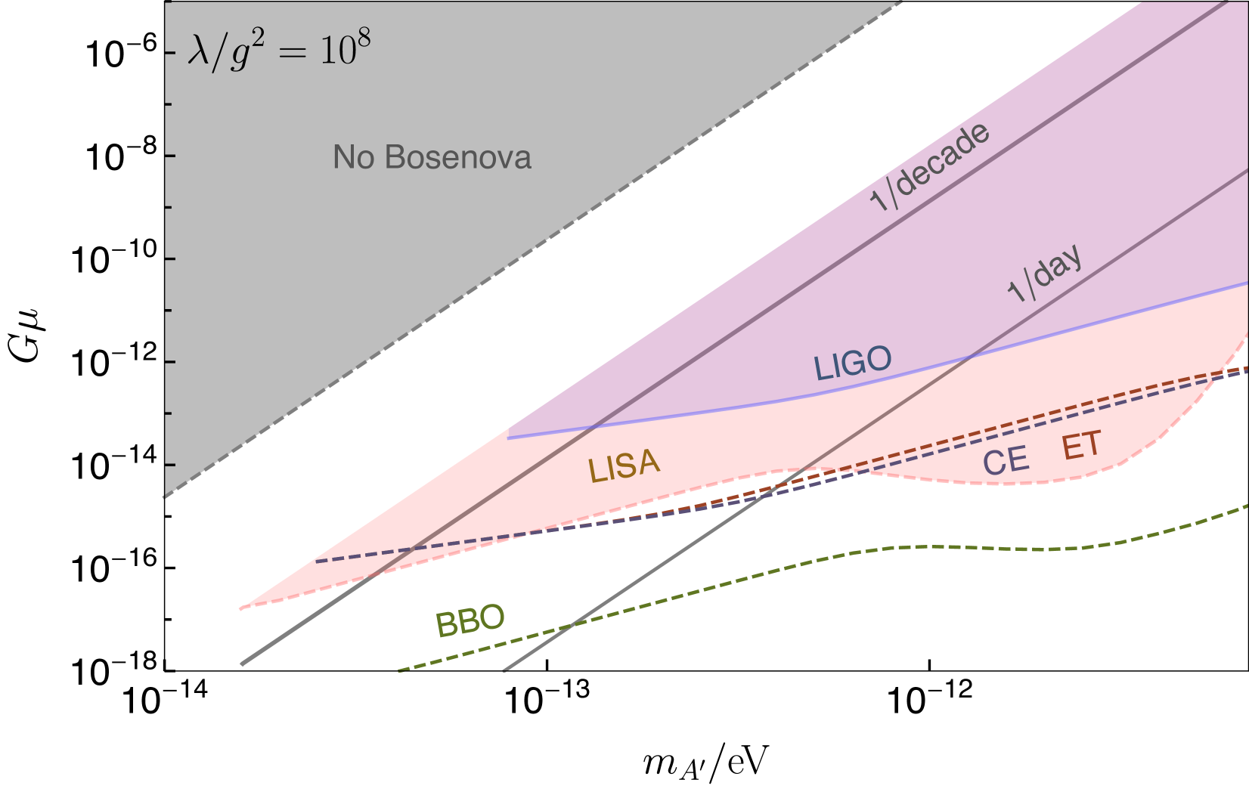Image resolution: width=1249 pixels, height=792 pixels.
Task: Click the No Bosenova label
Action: (x=432, y=158)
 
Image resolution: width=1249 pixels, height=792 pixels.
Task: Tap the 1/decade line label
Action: (x=929, y=167)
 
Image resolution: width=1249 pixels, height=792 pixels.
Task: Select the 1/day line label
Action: (x=1045, y=274)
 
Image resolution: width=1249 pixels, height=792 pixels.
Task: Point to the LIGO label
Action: (x=852, y=364)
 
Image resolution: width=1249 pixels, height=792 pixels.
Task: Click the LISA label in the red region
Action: (x=624, y=466)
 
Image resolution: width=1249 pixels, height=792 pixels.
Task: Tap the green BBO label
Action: (x=470, y=621)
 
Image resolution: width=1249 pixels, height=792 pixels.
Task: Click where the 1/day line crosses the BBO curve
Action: (x=572, y=625)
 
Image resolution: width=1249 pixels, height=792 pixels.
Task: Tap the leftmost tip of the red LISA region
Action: (x=240, y=608)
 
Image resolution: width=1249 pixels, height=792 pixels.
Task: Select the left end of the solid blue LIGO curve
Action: (x=508, y=438)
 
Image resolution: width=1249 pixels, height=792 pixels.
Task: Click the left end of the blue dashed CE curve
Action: (x=316, y=561)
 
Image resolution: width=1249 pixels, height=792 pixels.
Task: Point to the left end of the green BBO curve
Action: (x=398, y=670)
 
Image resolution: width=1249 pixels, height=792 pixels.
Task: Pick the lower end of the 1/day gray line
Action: (x=504, y=670)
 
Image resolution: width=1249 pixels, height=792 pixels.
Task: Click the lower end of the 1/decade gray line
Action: (x=241, y=665)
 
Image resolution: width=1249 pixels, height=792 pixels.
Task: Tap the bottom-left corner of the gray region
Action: (x=165, y=497)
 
